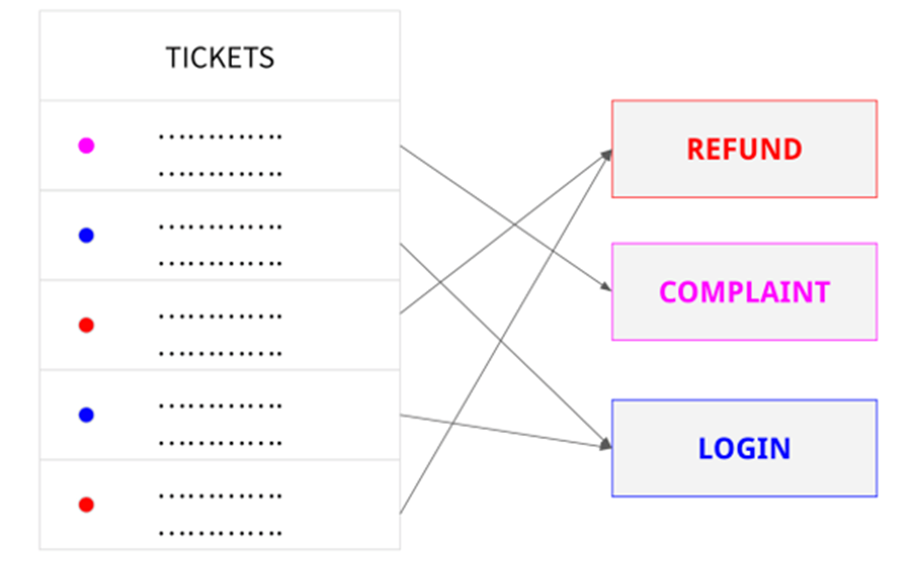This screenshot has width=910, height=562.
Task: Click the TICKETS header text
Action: [x=219, y=58]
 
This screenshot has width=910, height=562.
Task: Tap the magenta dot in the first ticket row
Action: [x=86, y=145]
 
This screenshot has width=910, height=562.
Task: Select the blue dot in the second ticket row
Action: [x=86, y=236]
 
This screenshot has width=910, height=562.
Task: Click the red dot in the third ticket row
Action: [x=86, y=325]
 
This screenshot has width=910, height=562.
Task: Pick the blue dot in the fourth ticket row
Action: [x=86, y=414]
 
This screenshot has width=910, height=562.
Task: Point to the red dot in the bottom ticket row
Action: [x=86, y=504]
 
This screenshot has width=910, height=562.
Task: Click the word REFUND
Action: [x=743, y=149]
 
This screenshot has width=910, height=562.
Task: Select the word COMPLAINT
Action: [x=743, y=292]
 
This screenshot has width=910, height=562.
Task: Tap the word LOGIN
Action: [x=743, y=448]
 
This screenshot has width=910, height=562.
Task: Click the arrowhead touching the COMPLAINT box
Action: [x=606, y=288]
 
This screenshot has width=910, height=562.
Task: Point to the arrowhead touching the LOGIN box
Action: [x=605, y=445]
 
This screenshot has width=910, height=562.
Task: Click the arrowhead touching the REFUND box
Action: [x=606, y=154]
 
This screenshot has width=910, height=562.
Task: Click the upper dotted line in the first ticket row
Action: [x=220, y=137]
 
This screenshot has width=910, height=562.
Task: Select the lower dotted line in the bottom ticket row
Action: [x=220, y=533]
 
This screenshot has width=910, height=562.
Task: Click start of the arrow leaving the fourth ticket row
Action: [x=401, y=415]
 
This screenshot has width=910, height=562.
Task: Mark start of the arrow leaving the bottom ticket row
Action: [x=401, y=514]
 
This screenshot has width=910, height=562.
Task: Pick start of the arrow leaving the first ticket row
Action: [x=401, y=147]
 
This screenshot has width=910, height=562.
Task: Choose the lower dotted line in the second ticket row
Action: [x=220, y=264]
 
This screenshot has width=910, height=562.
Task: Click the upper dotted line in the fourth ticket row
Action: [x=220, y=406]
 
